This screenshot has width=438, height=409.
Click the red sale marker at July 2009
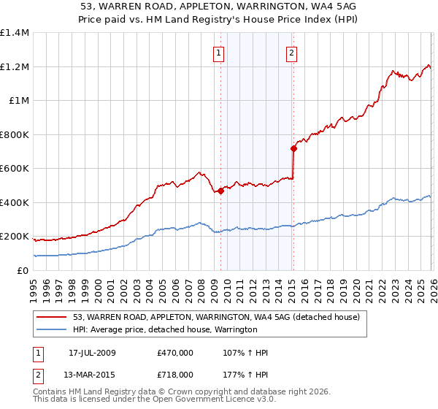pyautogui.click(x=220, y=191)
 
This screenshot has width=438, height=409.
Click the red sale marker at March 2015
pyautogui.click(x=293, y=149)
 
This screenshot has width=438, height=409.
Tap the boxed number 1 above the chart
pyautogui.click(x=219, y=52)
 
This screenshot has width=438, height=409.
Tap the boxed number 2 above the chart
pyautogui.click(x=291, y=52)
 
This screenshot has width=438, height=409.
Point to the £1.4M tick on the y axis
pyautogui.click(x=15, y=33)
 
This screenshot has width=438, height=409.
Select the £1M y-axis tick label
pyautogui.click(x=18, y=101)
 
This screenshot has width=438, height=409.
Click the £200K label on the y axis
pyautogui.click(x=15, y=237)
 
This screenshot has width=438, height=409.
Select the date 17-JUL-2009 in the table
pyautogui.click(x=92, y=353)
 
